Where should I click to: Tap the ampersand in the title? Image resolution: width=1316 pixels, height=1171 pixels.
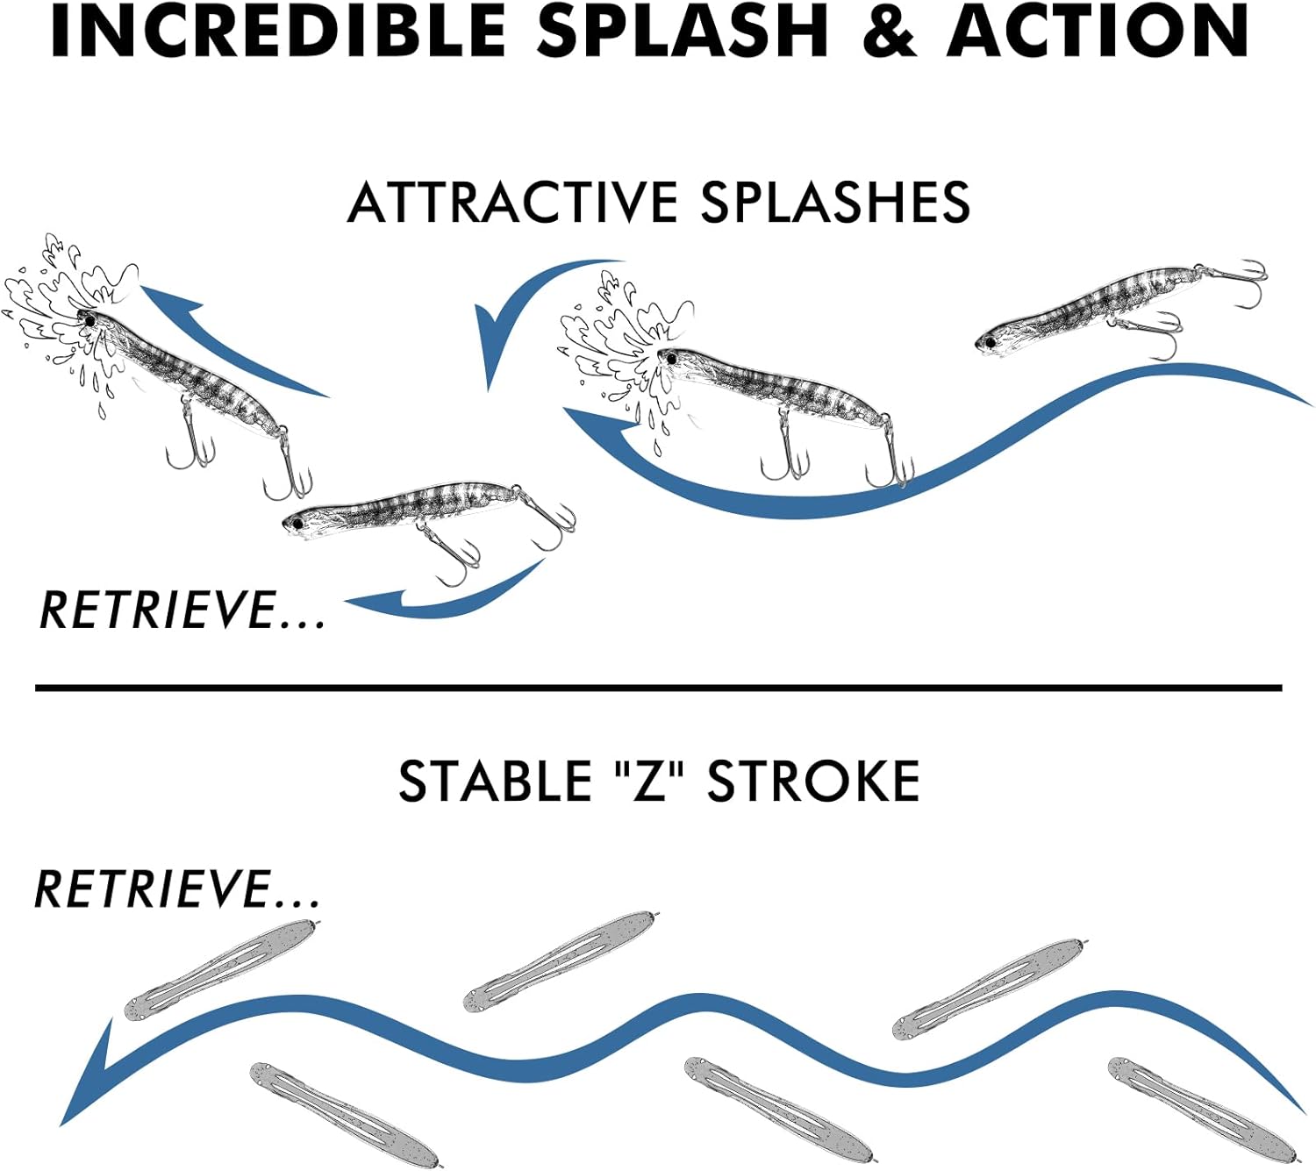pos(887,32)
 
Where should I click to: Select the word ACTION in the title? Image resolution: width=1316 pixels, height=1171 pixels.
pos(1097,32)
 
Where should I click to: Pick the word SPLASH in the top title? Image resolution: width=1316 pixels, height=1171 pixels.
pos(683,32)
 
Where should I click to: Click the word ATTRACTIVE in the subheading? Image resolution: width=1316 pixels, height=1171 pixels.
pos(512,203)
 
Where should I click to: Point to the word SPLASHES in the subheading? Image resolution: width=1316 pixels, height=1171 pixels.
pos(834,203)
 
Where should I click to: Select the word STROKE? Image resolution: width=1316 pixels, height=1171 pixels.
pos(813,781)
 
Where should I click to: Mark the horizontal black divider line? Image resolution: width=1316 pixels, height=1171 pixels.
pos(658,689)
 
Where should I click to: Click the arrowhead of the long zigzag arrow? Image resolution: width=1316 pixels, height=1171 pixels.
pos(88,1079)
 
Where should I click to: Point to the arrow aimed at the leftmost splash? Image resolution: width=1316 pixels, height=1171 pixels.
pos(219,338)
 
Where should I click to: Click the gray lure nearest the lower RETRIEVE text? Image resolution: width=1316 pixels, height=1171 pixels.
pos(219,969)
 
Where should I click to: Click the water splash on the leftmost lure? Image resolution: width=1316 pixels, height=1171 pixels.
pos(53,307)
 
